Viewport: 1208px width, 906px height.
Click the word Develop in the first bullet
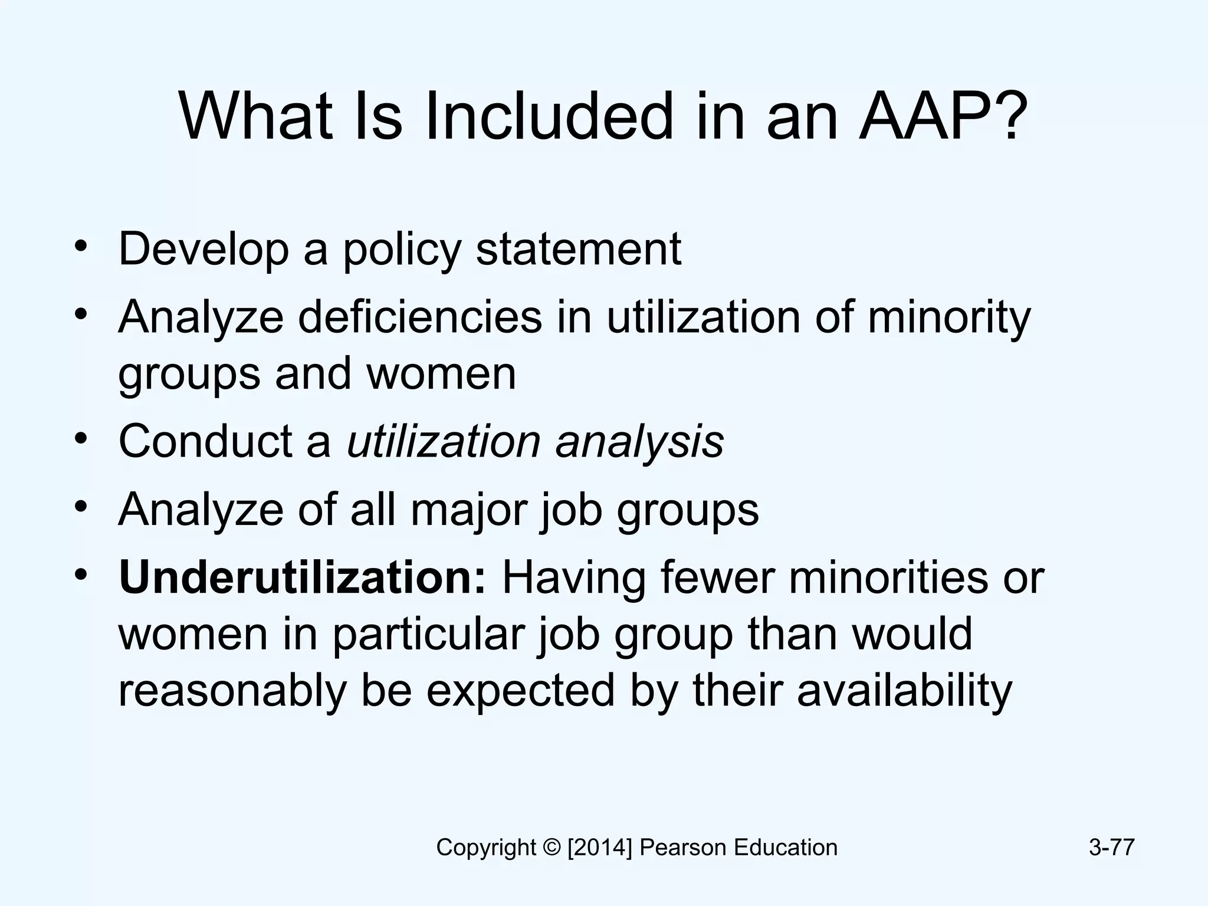click(x=203, y=250)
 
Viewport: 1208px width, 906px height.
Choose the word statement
click(x=579, y=250)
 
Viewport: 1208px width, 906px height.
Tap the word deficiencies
click(x=419, y=317)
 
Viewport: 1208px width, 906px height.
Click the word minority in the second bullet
click(x=949, y=317)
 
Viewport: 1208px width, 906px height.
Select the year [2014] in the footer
click(x=599, y=848)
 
